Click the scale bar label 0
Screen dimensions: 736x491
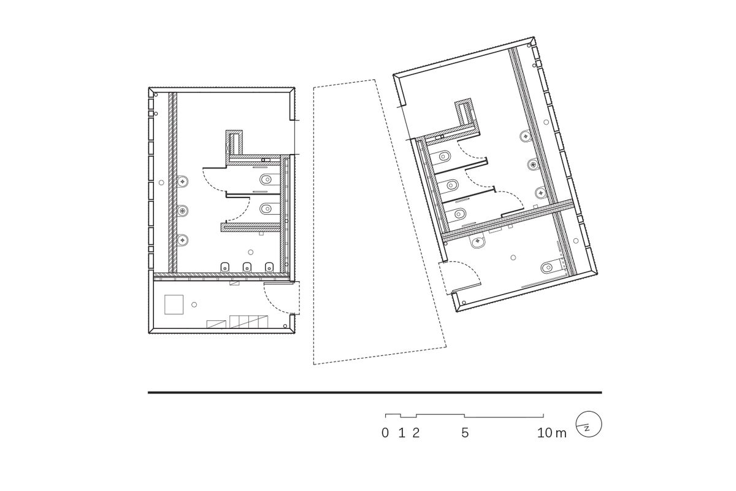point(385,433)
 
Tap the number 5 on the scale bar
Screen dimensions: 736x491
point(465,433)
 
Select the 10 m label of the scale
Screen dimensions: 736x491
point(551,433)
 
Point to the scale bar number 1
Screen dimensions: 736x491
point(401,433)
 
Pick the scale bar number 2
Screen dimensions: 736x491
point(416,433)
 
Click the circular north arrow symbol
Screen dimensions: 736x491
point(589,424)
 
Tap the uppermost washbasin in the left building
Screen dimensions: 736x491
point(183,180)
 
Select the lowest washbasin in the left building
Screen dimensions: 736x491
point(183,240)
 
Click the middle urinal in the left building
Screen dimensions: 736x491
point(247,267)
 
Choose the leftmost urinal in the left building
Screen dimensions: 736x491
point(225,267)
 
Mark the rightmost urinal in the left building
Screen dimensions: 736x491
point(269,267)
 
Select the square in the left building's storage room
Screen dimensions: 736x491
point(174,304)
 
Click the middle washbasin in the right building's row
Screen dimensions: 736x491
point(533,164)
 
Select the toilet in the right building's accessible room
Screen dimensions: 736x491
point(550,268)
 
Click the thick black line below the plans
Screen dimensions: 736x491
point(375,392)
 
